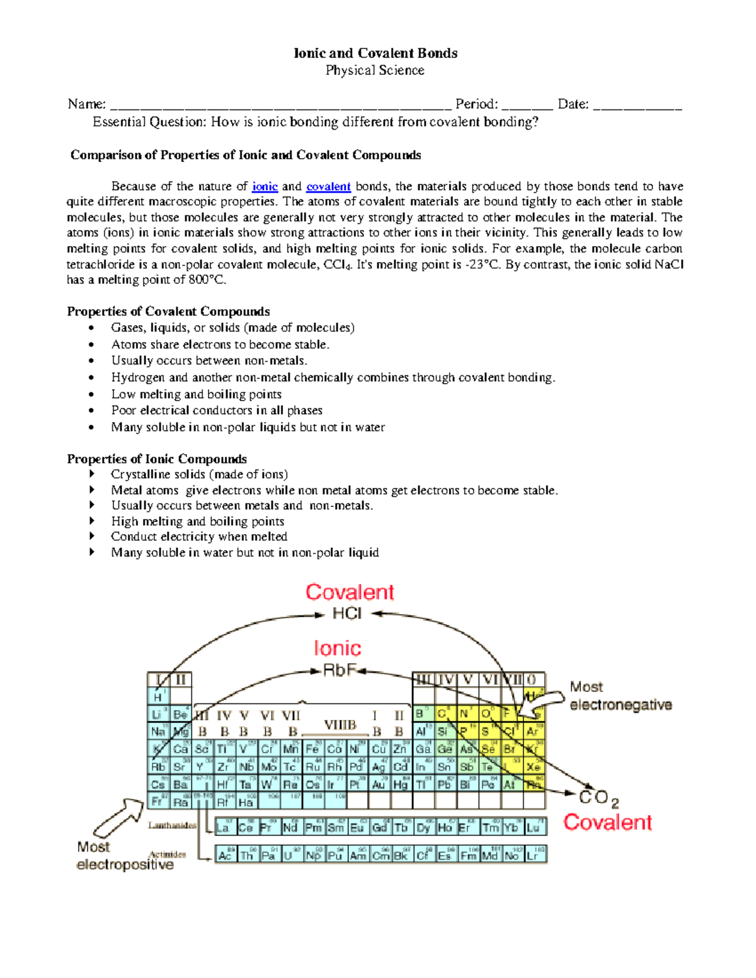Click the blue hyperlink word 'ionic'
tap(265, 186)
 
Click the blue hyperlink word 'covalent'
tap(328, 186)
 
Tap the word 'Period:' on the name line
tap(477, 104)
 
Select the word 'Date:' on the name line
tap(573, 104)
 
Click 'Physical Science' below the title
tap(375, 71)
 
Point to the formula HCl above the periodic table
tap(347, 613)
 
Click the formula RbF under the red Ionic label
tap(340, 671)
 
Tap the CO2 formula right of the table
tap(598, 798)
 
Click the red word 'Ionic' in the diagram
tap(338, 648)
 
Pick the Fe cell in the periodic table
tap(312, 749)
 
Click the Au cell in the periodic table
tap(379, 785)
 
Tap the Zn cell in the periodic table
tap(400, 749)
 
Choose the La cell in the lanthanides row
tap(223, 827)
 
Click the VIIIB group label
tap(340, 725)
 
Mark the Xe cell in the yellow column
tap(534, 767)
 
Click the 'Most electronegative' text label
tap(621, 696)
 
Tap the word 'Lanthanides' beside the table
tap(172, 825)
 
